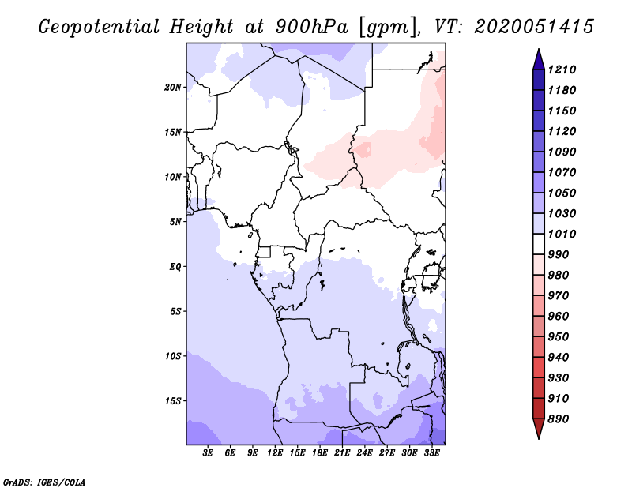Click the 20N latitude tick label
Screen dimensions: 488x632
coord(173,87)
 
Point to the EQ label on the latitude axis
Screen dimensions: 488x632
coord(175,267)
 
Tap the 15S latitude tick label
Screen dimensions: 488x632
coord(173,401)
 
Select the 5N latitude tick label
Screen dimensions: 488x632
coord(175,222)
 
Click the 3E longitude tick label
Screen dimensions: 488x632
coord(209,453)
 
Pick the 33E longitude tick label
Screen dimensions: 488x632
coord(431,453)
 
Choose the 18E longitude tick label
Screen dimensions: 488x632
coord(320,453)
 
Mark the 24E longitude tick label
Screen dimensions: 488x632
coord(364,453)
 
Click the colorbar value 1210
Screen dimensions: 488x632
coord(565,69)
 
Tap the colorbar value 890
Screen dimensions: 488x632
coord(562,419)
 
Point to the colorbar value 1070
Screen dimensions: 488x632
coord(565,172)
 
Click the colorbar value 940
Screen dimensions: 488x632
coord(562,357)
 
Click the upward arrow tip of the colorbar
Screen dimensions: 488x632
coord(537,51)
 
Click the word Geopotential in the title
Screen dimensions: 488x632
coord(100,27)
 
